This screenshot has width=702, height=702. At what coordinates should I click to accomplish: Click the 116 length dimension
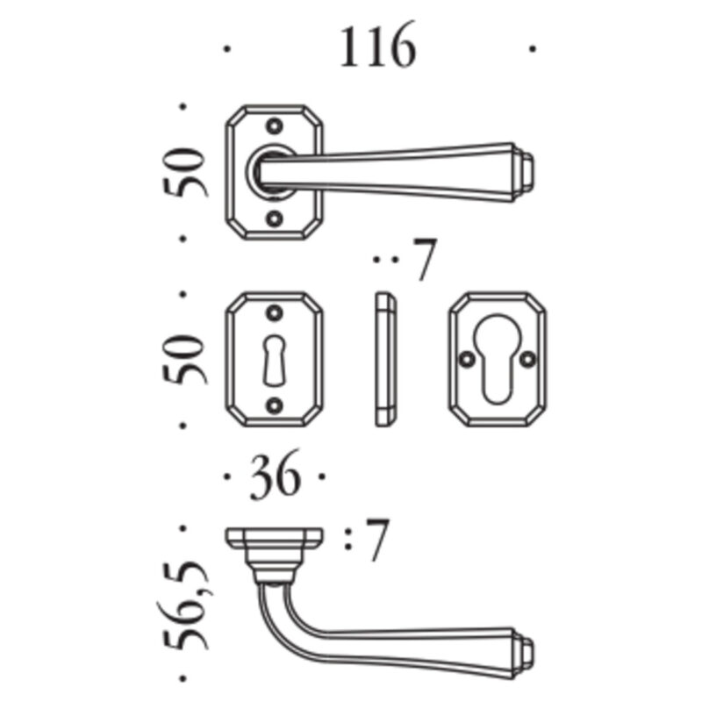378,47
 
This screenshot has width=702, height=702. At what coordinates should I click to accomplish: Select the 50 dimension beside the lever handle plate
185,172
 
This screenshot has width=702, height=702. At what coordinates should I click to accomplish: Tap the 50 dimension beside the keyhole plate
185,359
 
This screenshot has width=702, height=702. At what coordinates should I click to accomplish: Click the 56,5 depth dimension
184,605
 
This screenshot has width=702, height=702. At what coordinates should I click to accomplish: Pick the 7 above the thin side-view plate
425,259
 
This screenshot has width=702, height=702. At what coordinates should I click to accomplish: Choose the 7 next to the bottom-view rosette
377,539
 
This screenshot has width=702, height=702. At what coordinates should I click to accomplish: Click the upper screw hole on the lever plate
275,125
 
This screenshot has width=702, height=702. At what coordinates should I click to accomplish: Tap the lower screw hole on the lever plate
275,218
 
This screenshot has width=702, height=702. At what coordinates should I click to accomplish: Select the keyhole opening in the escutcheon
274,361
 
